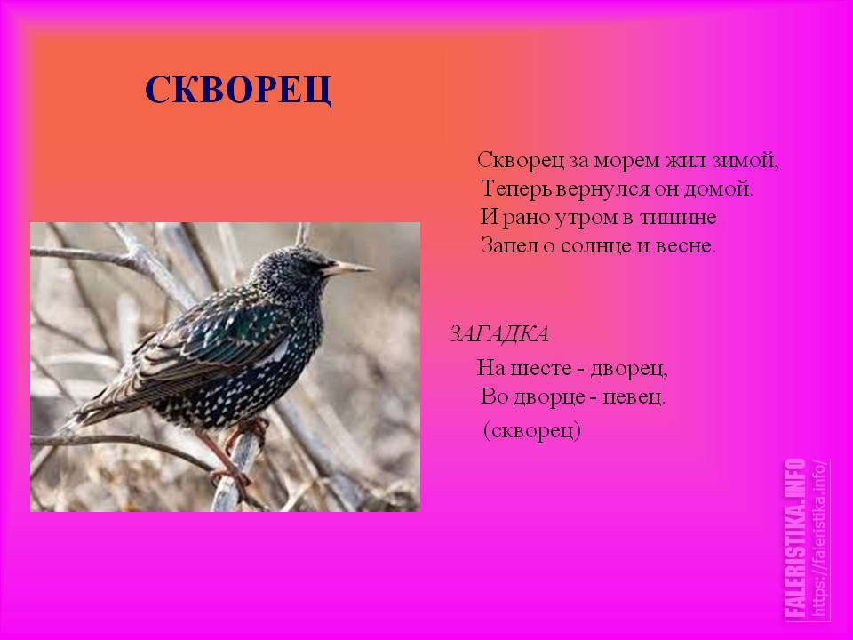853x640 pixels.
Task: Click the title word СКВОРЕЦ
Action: tap(238, 91)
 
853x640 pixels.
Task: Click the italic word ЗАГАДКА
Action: tap(498, 333)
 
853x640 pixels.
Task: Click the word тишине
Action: tap(678, 217)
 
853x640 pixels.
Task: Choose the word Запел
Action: tap(509, 246)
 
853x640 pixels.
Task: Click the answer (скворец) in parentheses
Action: tap(532, 430)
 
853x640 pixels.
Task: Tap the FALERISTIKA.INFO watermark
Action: tap(796, 539)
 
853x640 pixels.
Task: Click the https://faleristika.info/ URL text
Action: tap(818, 539)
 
